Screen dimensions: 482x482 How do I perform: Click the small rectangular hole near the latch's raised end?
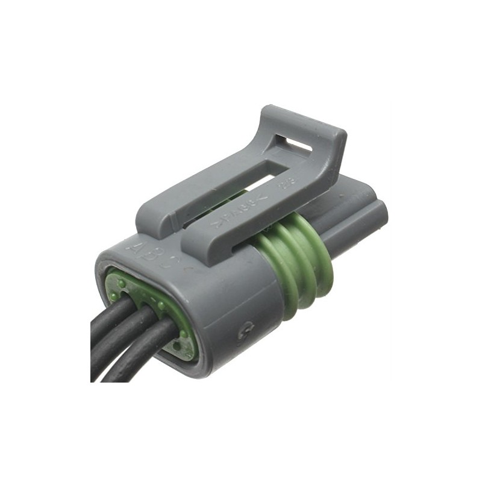pos(298,144)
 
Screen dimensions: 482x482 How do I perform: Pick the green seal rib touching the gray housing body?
pos(274,268)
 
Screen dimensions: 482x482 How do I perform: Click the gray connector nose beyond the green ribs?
pos(361,211)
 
